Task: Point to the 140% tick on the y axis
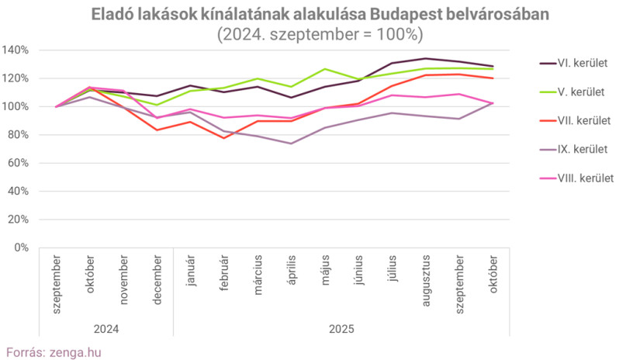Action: click(x=16, y=50)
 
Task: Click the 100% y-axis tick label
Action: click(x=16, y=106)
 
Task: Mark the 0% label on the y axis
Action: click(x=22, y=247)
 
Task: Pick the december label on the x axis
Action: click(x=157, y=279)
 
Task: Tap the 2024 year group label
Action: click(x=106, y=329)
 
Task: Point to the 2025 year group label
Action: click(x=341, y=329)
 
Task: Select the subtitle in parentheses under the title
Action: click(x=320, y=34)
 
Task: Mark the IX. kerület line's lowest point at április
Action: click(x=292, y=144)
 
